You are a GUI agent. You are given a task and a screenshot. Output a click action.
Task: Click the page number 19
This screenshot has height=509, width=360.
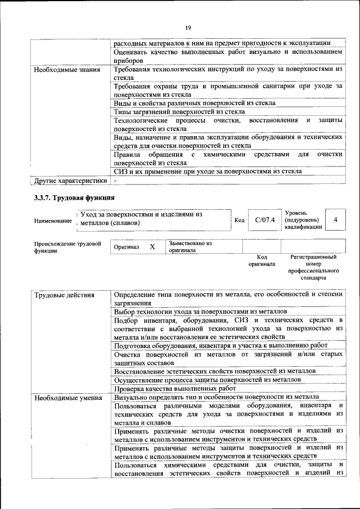point(188,28)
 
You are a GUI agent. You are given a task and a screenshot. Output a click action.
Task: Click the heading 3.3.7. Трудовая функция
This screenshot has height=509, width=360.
point(74,197)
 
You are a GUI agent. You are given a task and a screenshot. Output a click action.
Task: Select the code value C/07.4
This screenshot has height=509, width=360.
point(264,220)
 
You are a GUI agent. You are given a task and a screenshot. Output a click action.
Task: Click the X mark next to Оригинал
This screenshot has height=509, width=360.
point(152,247)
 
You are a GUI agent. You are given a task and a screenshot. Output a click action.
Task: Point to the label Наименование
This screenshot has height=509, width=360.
point(53,221)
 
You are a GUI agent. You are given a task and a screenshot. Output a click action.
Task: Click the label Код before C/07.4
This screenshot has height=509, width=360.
point(238,220)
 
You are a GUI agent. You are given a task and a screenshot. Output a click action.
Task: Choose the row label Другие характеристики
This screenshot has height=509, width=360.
point(70,181)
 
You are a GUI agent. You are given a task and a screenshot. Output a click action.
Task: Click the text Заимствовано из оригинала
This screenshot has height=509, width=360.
point(190,247)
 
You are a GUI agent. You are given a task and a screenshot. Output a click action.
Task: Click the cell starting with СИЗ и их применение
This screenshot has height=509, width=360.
point(207,172)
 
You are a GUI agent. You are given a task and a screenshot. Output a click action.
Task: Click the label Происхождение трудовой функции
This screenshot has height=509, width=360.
point(67,247)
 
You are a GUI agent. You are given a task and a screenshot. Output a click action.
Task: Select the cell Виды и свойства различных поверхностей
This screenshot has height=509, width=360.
point(194,103)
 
